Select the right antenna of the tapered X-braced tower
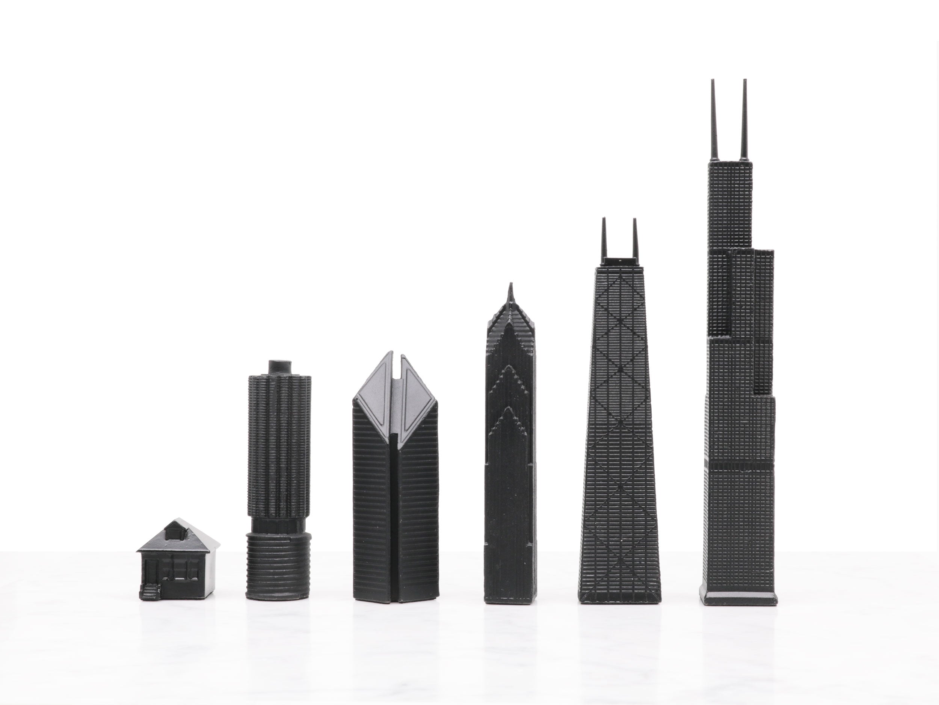(x=636, y=238)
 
